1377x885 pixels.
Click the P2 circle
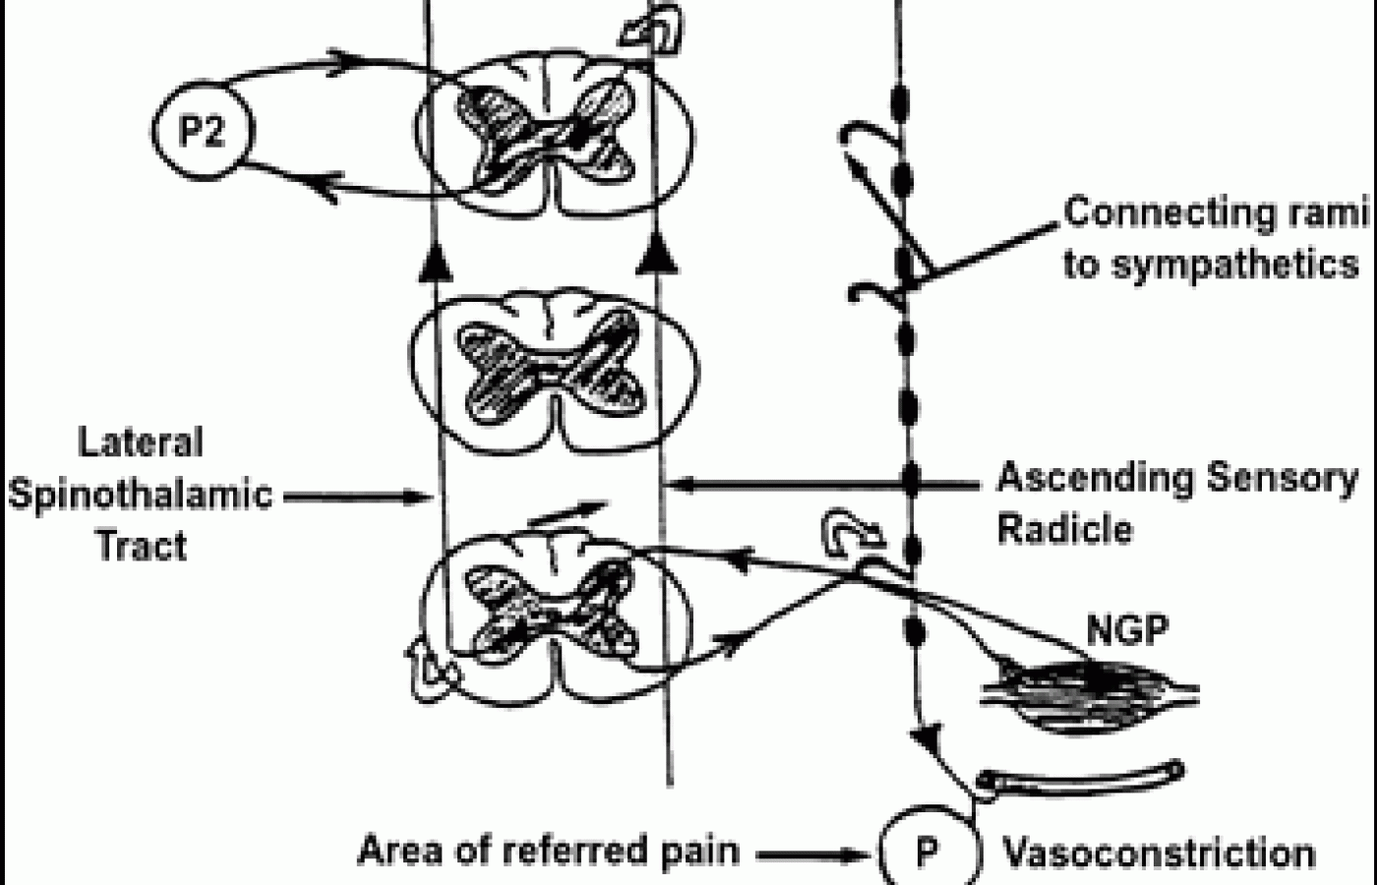coord(202,133)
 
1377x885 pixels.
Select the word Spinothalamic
coord(141,494)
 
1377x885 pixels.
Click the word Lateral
coord(141,443)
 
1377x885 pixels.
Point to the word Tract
coord(141,545)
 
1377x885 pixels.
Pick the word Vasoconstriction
coord(1158,853)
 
